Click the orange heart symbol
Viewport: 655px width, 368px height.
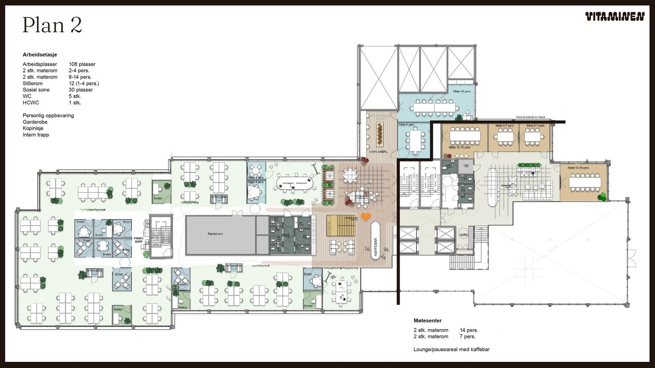pyautogui.click(x=366, y=216)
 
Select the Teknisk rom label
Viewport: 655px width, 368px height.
pyautogui.click(x=215, y=234)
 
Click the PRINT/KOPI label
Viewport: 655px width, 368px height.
pyautogui.click(x=138, y=240)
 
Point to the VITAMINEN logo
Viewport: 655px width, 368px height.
pyautogui.click(x=615, y=17)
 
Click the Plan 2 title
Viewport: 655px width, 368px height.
pyautogui.click(x=52, y=25)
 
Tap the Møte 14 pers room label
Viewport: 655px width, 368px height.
pyautogui.click(x=462, y=92)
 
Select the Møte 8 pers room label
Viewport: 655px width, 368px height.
pyautogui.click(x=407, y=125)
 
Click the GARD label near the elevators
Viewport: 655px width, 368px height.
pyautogui.click(x=463, y=235)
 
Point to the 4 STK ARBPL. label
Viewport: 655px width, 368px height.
pyautogui.click(x=377, y=152)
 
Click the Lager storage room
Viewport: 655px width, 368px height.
pyautogui.click(x=466, y=166)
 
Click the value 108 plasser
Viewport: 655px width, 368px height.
pyautogui.click(x=82, y=64)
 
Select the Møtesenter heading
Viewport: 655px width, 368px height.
pyautogui.click(x=427, y=321)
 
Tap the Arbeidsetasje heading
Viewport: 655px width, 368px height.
pyautogui.click(x=40, y=54)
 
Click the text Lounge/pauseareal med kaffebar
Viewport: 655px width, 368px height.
pyautogui.click(x=451, y=349)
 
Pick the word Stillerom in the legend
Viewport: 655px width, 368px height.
pyautogui.click(x=33, y=83)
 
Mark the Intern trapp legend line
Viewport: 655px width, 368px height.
pyautogui.click(x=36, y=135)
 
